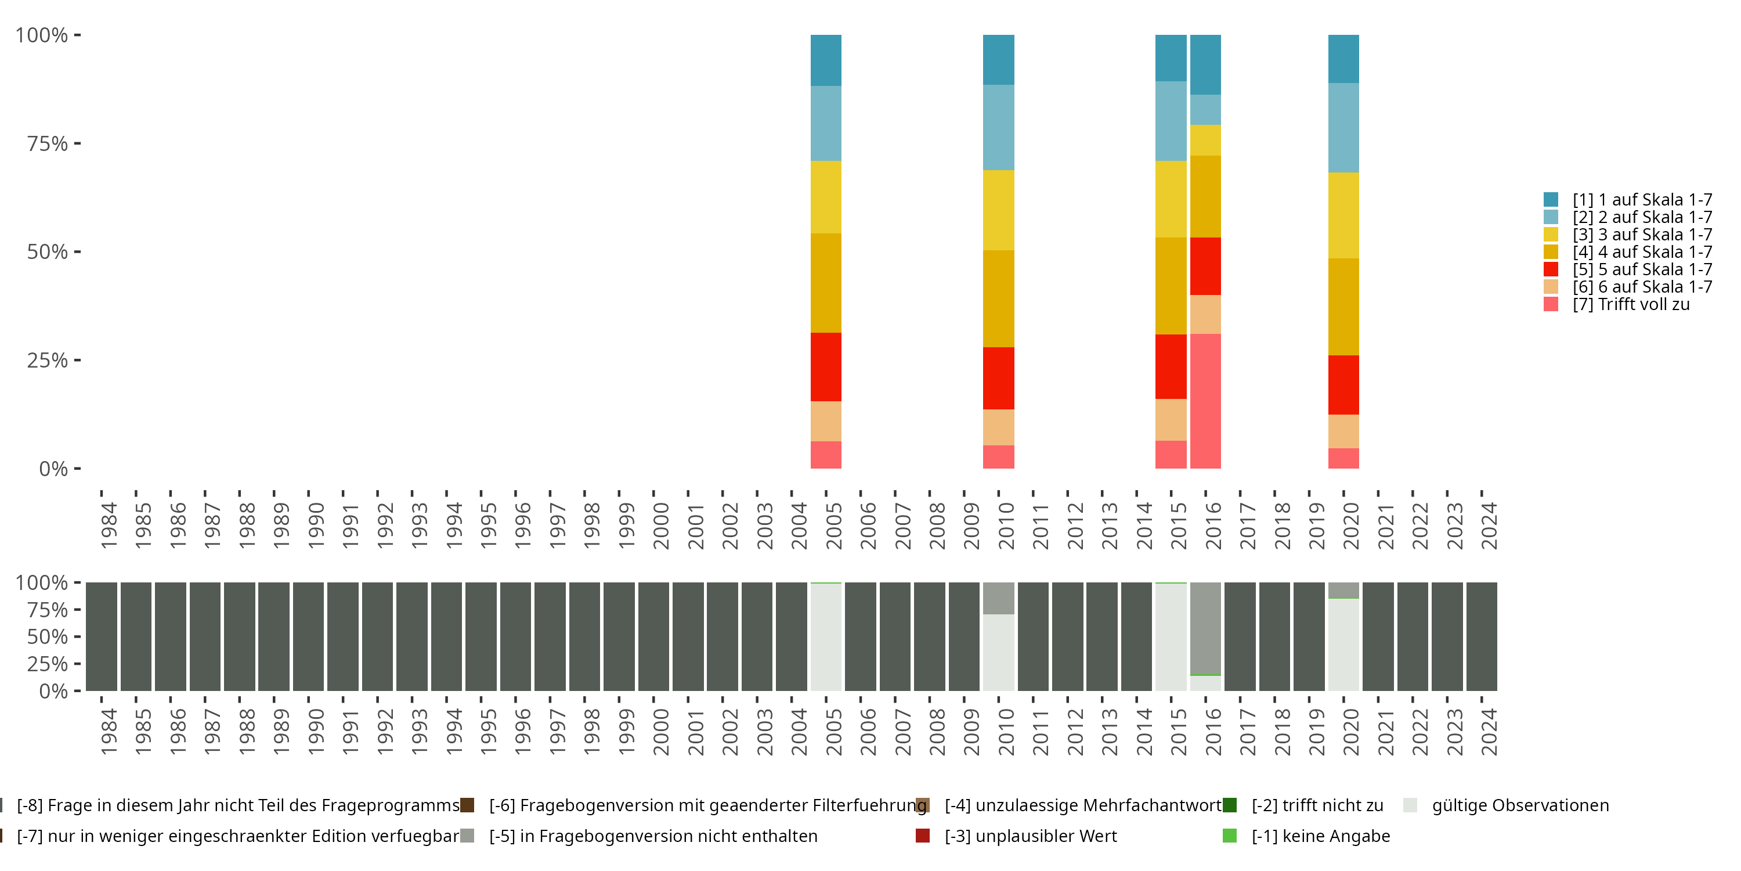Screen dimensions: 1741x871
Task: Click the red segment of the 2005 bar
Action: [x=826, y=367]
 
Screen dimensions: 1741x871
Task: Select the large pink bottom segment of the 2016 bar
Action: [x=1206, y=401]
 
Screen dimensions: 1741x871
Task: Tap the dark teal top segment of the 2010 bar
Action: [x=998, y=59]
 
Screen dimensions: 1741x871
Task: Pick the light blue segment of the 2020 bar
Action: [x=1343, y=128]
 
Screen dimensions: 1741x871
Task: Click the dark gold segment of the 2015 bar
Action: [x=1171, y=286]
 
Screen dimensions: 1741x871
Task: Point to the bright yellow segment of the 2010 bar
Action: [x=998, y=210]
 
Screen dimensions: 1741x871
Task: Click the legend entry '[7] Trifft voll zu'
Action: [x=1617, y=304]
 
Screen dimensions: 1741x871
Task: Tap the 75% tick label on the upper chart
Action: [x=48, y=143]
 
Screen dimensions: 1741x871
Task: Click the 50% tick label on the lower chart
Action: [x=48, y=636]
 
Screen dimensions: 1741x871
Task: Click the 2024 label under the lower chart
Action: [x=1489, y=732]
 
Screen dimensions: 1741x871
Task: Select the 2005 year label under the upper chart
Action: [x=834, y=526]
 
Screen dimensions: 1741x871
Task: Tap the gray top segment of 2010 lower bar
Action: [x=998, y=599]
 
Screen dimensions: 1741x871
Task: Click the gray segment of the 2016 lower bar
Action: [x=1206, y=628]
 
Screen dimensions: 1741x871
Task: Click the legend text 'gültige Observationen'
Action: [x=1520, y=805]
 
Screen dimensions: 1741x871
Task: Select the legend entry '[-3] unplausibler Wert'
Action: [x=1017, y=836]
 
